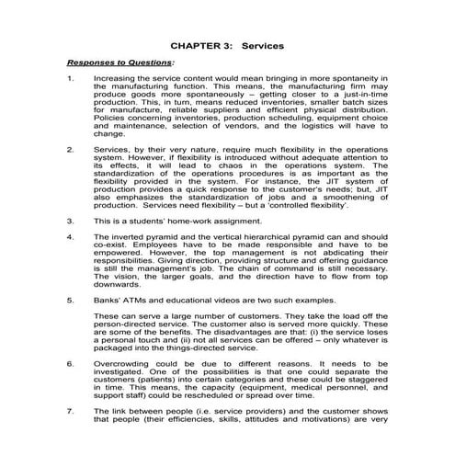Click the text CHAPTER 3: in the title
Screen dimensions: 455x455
pyautogui.click(x=197, y=44)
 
